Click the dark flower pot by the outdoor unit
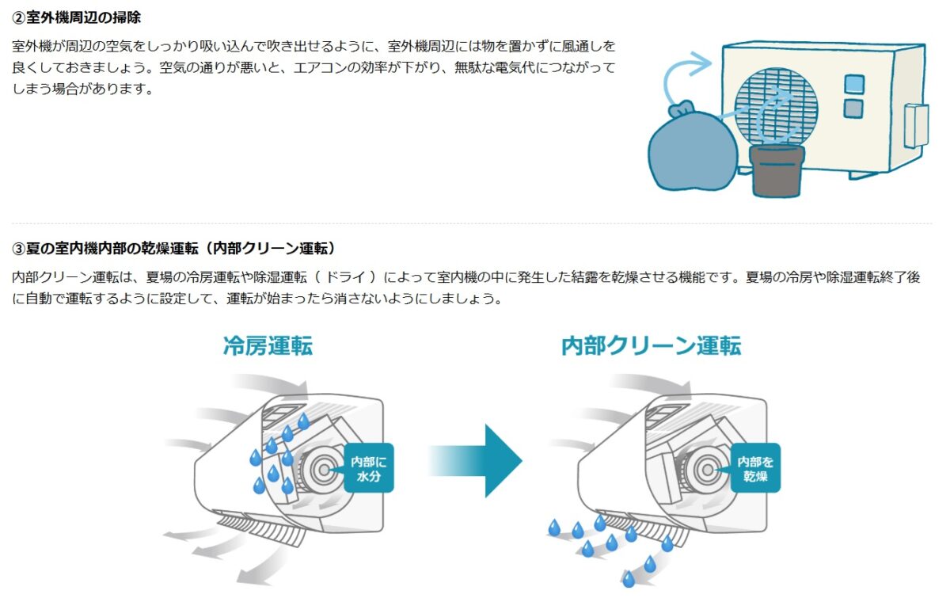tap(777, 170)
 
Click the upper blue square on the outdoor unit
tap(853, 83)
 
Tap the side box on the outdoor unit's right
tap(914, 127)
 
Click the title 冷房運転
tap(268, 346)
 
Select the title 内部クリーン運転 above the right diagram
tap(651, 346)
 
